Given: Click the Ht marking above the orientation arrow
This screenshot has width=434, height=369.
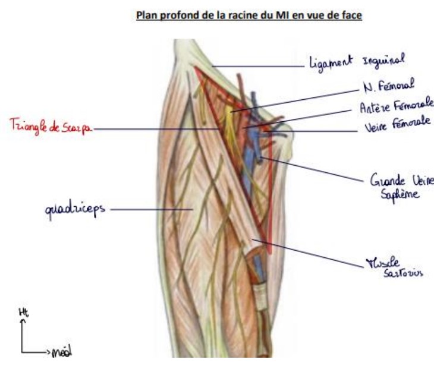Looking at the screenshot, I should (24, 313).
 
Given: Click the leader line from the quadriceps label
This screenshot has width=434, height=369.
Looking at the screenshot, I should (149, 209).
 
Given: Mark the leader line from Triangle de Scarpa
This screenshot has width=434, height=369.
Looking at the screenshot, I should (155, 127).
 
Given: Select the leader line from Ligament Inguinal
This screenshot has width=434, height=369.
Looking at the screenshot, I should (256, 66).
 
